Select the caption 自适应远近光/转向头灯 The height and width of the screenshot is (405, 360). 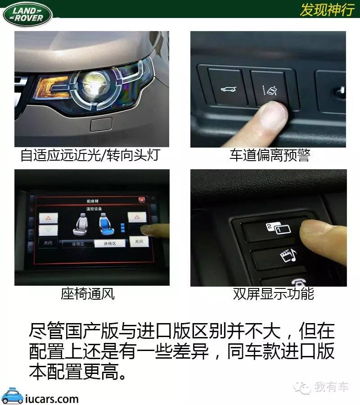point(90,155)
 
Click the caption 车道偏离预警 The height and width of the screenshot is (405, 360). point(270,155)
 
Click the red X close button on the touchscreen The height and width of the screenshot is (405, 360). point(142,200)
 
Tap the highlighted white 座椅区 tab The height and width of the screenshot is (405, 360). point(110,243)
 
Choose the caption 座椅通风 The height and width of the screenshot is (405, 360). point(88,294)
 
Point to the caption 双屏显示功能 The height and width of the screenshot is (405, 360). point(273,294)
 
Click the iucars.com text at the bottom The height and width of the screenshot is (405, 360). point(52,398)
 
